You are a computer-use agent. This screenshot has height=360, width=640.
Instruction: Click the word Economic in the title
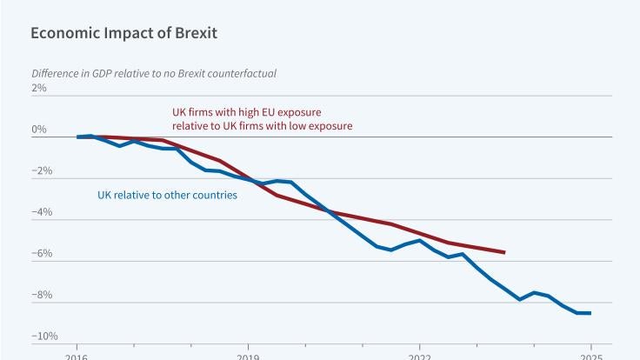pos(59,35)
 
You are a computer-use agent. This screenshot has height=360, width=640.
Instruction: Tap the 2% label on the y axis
pos(40,89)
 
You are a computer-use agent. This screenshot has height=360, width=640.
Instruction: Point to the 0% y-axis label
pos(40,130)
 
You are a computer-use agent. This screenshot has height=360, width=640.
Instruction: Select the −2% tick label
pos(40,171)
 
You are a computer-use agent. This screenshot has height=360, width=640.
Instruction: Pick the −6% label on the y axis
pos(40,254)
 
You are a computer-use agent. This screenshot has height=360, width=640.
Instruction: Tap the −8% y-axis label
pos(40,296)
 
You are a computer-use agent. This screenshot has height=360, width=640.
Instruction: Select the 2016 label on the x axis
pos(77,357)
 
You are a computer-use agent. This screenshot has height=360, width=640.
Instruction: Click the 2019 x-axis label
pos(248,357)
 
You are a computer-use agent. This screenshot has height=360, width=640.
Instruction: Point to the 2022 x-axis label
pos(419,357)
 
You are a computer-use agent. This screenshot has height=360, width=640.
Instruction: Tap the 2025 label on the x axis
pos(590,357)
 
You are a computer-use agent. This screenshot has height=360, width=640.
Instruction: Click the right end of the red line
pos(505,252)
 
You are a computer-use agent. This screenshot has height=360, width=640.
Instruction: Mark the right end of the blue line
pos(590,313)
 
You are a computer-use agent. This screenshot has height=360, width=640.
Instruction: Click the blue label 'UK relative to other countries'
pos(167,195)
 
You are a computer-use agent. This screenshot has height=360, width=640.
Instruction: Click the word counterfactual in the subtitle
pos(243,73)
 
